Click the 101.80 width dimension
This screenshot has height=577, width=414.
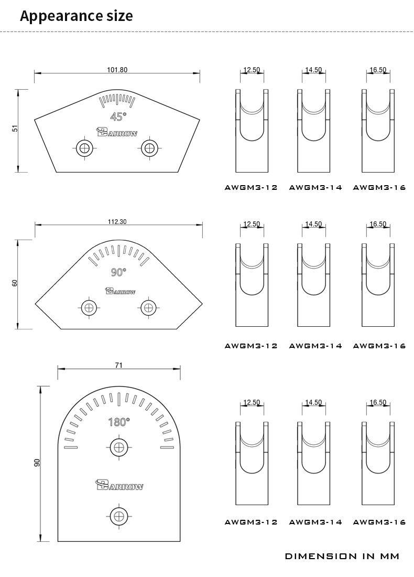pos(117,70)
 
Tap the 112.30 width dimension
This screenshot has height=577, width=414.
pos(117,222)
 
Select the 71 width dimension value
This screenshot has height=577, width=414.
pos(118,366)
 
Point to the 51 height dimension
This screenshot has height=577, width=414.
pos(15,129)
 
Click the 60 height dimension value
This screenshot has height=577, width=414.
pos(15,283)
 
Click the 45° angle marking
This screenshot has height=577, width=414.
pos(118,116)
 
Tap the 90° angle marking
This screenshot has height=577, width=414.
pos(118,272)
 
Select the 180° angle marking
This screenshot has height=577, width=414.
pos(119,422)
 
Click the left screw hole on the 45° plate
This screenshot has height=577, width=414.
pos(85,148)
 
